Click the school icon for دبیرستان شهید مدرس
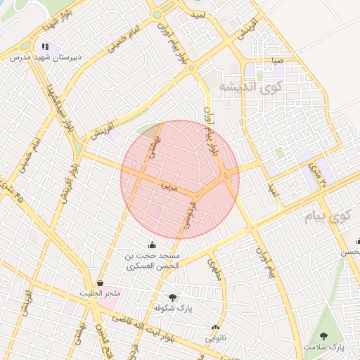tap(46, 47)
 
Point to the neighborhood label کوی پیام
tap(328, 217)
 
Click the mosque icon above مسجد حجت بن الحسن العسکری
tap(152, 245)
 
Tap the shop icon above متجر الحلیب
tap(101, 283)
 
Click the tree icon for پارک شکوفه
tap(173, 297)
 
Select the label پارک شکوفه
tap(173, 308)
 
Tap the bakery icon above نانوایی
tap(215, 328)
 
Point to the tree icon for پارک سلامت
tap(323, 336)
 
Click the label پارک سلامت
tap(325, 347)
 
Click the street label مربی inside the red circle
tap(170, 188)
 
